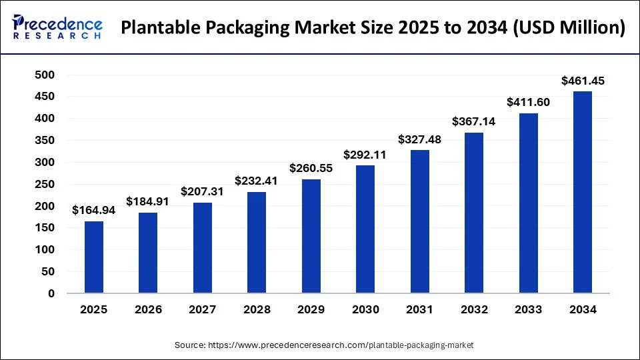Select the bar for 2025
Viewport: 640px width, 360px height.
pyautogui.click(x=93, y=257)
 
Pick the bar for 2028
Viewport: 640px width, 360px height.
pyautogui.click(x=257, y=243)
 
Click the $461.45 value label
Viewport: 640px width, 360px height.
pyautogui.click(x=583, y=81)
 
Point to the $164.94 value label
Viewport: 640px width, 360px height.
pyautogui.click(x=93, y=211)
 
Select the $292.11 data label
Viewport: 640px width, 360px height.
pyautogui.click(x=365, y=155)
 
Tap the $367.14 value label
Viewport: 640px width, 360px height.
pyautogui.click(x=474, y=122)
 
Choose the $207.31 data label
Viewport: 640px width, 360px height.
pyautogui.click(x=202, y=192)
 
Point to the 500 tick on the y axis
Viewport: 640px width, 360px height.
pyautogui.click(x=45, y=75)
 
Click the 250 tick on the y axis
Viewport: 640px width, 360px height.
pyautogui.click(x=45, y=184)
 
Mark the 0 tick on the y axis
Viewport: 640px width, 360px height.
pyautogui.click(x=51, y=293)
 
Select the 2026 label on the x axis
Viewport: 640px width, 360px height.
pyautogui.click(x=148, y=310)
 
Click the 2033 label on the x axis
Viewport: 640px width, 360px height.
pyautogui.click(x=529, y=310)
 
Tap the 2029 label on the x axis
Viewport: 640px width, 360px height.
pyautogui.click(x=311, y=310)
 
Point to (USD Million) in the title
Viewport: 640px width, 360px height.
pyautogui.click(x=571, y=28)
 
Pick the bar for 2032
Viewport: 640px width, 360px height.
pyautogui.click(x=474, y=213)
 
